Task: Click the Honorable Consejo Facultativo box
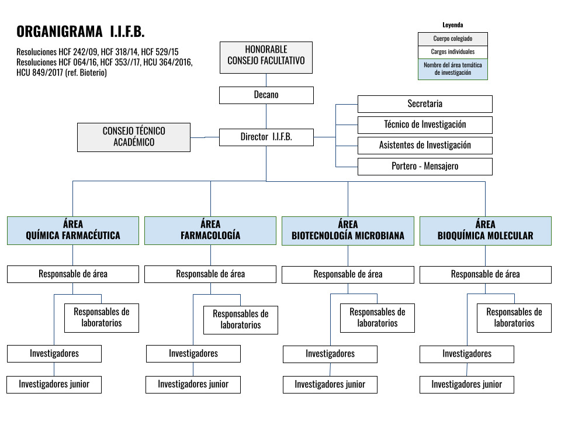[266, 58]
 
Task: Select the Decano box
[266, 95]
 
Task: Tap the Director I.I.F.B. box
[266, 137]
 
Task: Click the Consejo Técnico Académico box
[134, 137]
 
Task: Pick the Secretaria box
[425, 104]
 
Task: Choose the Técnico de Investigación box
[425, 125]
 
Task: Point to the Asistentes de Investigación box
[425, 146]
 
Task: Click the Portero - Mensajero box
[425, 167]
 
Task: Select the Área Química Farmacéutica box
[73, 230]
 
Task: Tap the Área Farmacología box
[210, 230]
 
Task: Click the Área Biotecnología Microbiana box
[348, 231]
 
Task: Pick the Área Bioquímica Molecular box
[486, 231]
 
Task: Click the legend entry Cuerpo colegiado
[452, 39]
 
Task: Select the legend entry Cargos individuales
[452, 52]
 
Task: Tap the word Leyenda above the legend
[452, 25]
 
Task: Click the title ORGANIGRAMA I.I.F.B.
[81, 32]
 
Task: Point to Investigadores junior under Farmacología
[193, 385]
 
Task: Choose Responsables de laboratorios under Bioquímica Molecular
[514, 318]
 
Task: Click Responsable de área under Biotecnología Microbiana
[348, 275]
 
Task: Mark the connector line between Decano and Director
[266, 116]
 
